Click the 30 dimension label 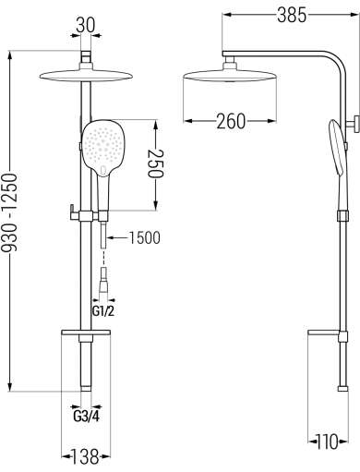click(x=86, y=25)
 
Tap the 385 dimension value click(x=292, y=15)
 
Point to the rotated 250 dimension click(x=156, y=163)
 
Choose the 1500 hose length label click(x=144, y=237)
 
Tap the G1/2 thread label click(x=103, y=311)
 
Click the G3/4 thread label click(x=87, y=417)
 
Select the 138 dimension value click(x=86, y=456)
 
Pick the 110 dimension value click(x=328, y=442)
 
